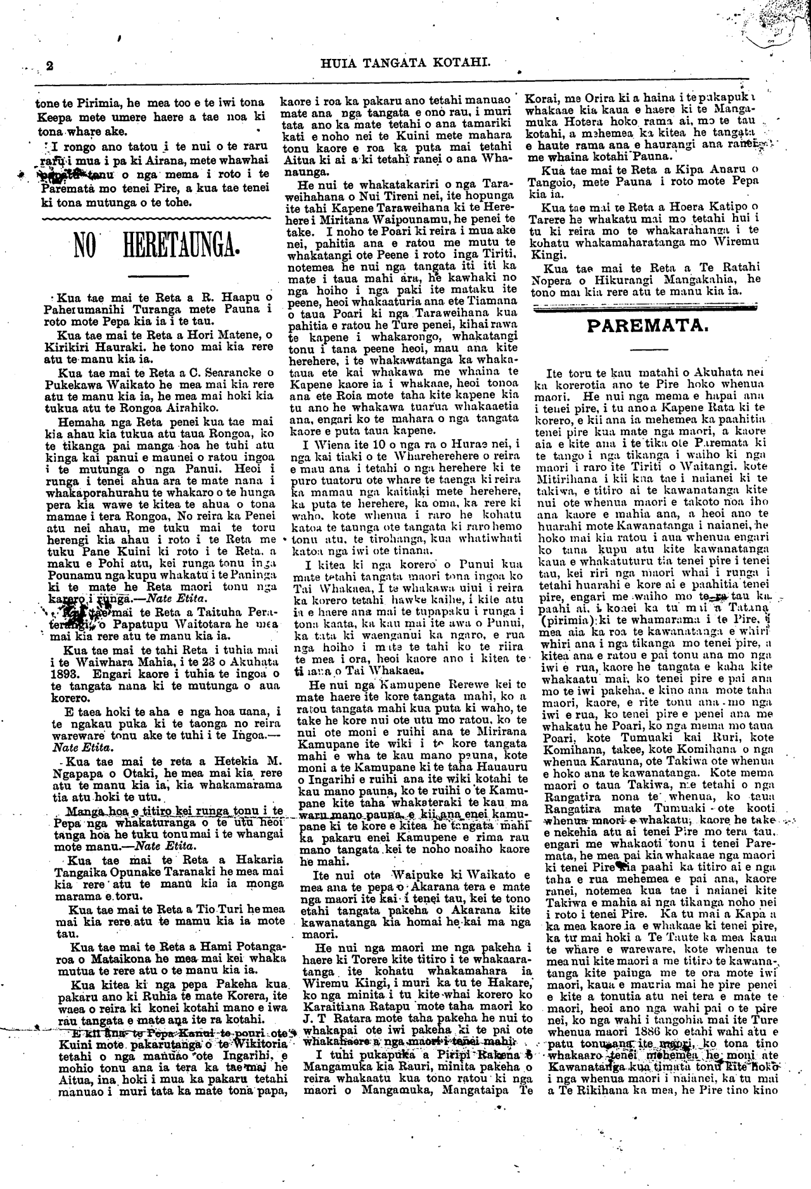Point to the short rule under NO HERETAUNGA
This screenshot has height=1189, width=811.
point(158,275)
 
